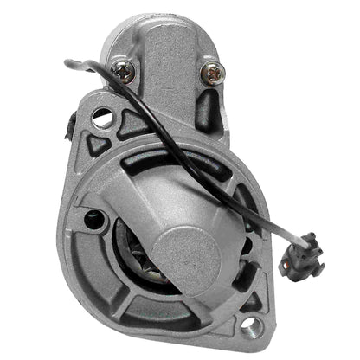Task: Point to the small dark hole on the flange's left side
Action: pos(92,218)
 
